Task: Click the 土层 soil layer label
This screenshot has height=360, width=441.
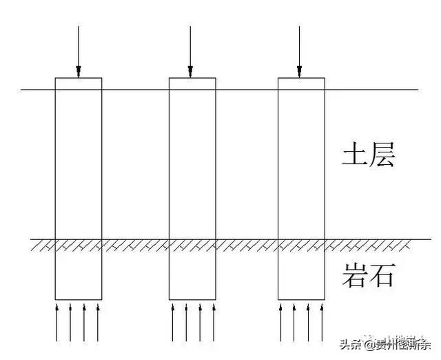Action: pos(368,156)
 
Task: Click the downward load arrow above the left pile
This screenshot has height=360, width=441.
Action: pos(79,51)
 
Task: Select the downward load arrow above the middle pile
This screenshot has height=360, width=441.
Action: pos(190,51)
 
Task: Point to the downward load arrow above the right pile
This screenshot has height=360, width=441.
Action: pos(299,51)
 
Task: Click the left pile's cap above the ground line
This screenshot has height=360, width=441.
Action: pos(79,83)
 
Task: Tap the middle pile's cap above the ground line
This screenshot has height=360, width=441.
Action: pos(192,83)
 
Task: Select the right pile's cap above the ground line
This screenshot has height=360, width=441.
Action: pos(301,83)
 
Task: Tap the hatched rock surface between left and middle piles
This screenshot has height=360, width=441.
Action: pos(136,244)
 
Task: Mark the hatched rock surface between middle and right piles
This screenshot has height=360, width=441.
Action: pos(247,244)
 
